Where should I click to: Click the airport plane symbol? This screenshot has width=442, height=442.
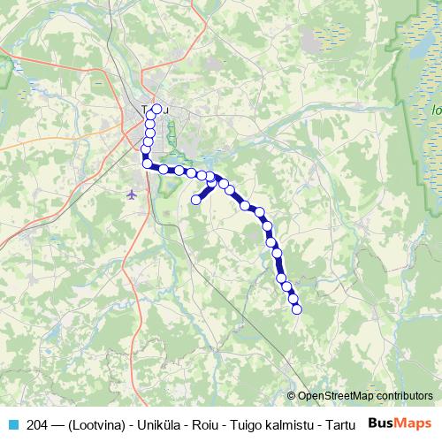coord(133,193)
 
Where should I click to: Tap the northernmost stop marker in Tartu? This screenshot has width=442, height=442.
coord(157,110)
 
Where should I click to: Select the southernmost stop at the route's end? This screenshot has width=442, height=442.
coord(297,309)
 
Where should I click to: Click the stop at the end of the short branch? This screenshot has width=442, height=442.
coord(196,200)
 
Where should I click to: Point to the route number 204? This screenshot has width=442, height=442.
coord(38,423)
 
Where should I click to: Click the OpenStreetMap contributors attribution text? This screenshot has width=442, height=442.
coord(364,396)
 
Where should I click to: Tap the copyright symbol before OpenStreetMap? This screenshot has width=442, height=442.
coord(291,396)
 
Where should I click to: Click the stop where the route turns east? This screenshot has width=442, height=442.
coord(147,163)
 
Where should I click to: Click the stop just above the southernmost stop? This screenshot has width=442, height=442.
coord(293,299)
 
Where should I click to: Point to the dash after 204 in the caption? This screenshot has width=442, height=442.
coord(59,423)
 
